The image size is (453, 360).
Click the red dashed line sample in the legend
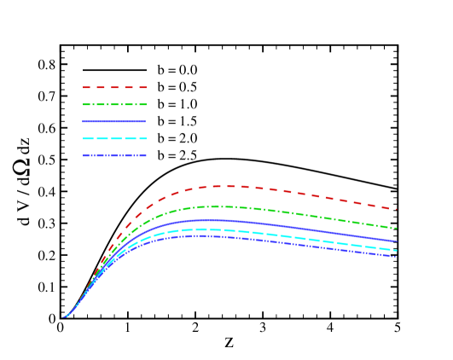point(114,87)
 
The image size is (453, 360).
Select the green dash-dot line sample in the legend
point(114,104)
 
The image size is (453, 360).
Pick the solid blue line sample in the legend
point(114,121)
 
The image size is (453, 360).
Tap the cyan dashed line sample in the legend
point(114,138)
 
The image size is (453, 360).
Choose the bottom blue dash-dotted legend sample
point(114,155)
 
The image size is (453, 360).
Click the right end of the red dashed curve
point(396,209)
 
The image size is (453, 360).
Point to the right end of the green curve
point(396,229)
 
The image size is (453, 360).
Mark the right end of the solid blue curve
point(396,241)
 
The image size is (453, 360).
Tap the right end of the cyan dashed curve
point(396,250)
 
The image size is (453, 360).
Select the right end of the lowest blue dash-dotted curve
point(395,257)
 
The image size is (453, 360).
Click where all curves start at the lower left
point(63,317)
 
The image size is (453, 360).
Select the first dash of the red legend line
point(86,87)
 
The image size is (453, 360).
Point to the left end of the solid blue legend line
point(84,121)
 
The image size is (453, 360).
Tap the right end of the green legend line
point(146,104)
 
